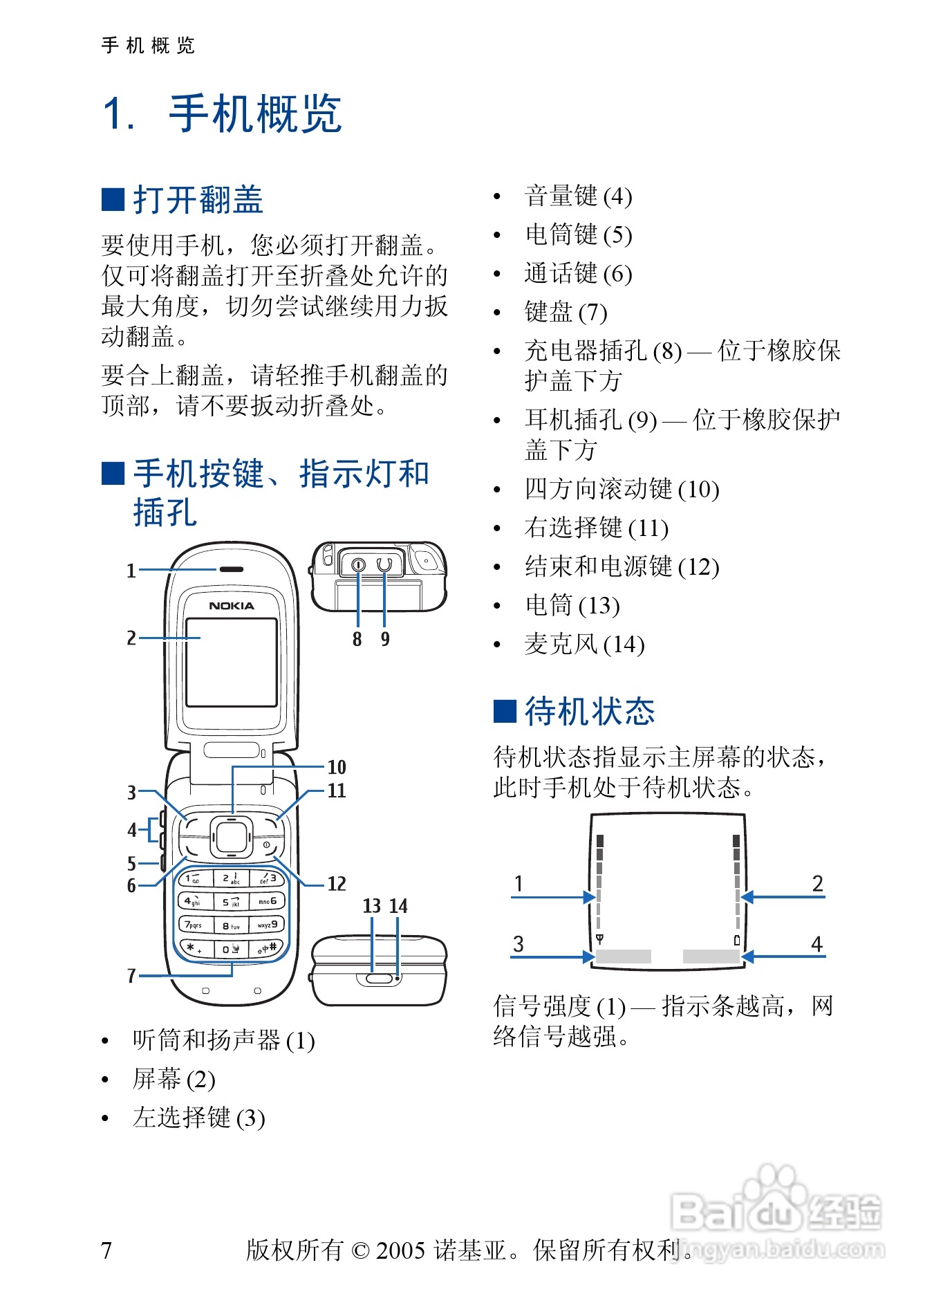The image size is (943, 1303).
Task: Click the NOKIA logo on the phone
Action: (231, 606)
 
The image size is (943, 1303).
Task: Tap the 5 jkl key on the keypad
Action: (231, 902)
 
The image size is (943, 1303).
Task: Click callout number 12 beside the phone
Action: (337, 884)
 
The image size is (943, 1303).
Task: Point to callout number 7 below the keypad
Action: (131, 976)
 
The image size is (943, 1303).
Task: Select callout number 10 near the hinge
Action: (337, 767)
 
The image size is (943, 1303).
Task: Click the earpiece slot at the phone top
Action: (232, 570)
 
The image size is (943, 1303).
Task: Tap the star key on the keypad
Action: (194, 948)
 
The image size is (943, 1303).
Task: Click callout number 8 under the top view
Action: (357, 639)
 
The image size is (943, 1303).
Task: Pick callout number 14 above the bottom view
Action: (399, 906)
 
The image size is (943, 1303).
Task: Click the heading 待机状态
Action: (589, 712)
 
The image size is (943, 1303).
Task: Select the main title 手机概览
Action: (255, 114)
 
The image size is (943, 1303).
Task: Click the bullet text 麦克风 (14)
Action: (584, 645)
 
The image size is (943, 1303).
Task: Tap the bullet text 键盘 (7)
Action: (566, 312)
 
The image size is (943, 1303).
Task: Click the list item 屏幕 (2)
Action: (174, 1079)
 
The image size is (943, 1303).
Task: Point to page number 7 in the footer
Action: (106, 1250)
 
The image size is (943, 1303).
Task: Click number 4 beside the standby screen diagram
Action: (817, 944)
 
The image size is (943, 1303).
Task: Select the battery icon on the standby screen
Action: (737, 940)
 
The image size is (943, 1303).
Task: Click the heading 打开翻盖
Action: (198, 201)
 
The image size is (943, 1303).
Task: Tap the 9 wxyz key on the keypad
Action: (267, 925)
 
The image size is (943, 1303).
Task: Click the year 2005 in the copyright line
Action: (400, 1250)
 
